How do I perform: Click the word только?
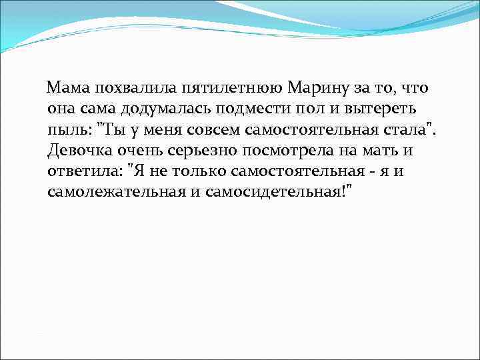coord(197,171)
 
